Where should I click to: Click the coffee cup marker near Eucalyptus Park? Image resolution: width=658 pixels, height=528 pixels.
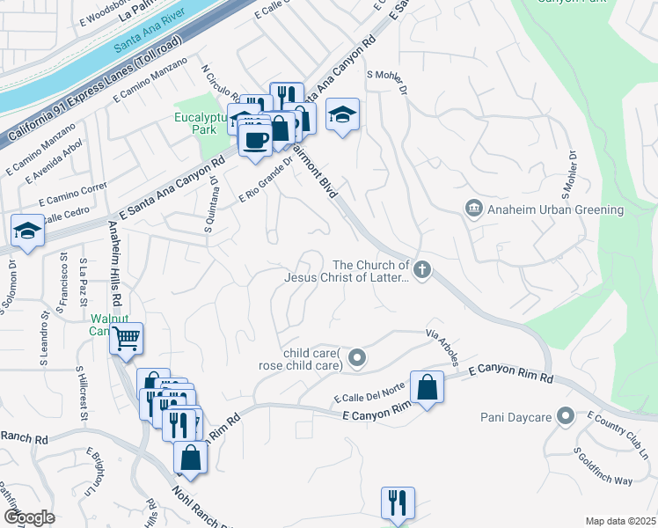(x=255, y=140)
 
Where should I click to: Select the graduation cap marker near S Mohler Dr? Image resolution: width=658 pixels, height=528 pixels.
(x=342, y=114)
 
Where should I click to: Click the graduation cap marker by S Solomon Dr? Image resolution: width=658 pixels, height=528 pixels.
(x=27, y=231)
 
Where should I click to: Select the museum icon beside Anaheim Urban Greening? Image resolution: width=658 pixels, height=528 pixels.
(x=474, y=209)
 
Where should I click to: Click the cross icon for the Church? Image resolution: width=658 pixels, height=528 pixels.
(x=423, y=270)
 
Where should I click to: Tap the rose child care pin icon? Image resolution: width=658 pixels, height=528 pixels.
(x=356, y=357)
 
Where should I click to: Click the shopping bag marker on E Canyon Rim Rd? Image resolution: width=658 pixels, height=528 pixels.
(x=427, y=387)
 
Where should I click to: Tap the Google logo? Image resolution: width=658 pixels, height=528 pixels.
(x=28, y=517)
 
